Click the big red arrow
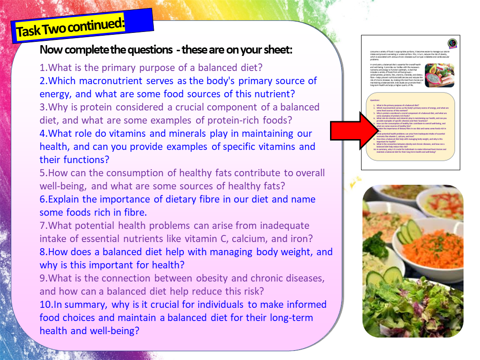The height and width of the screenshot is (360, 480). pyautogui.click(x=352, y=129)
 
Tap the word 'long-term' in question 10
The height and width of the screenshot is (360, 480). pyautogui.click(x=291, y=318)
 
